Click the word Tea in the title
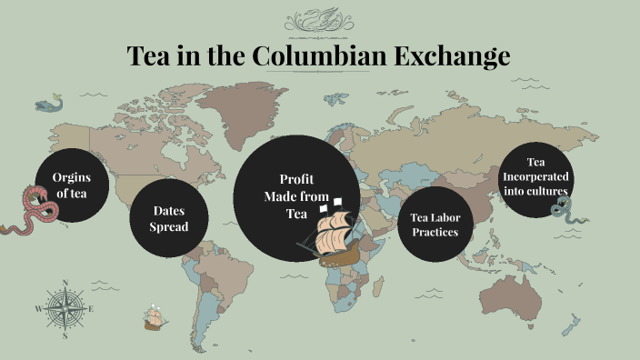(148, 56)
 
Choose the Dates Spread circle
(169, 218)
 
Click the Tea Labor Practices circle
(435, 225)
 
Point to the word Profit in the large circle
(296, 179)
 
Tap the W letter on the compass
(38, 309)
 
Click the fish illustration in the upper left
(48, 106)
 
